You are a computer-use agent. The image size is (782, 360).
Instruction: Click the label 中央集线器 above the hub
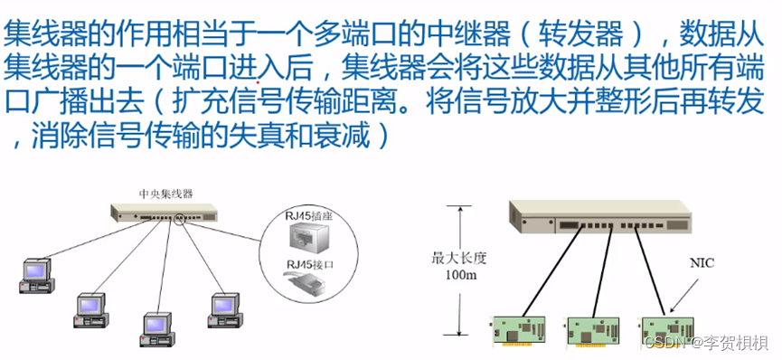coord(166,194)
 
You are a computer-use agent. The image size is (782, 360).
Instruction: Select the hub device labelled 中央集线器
coord(165,213)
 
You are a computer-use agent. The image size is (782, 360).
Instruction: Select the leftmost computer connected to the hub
coord(37,274)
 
